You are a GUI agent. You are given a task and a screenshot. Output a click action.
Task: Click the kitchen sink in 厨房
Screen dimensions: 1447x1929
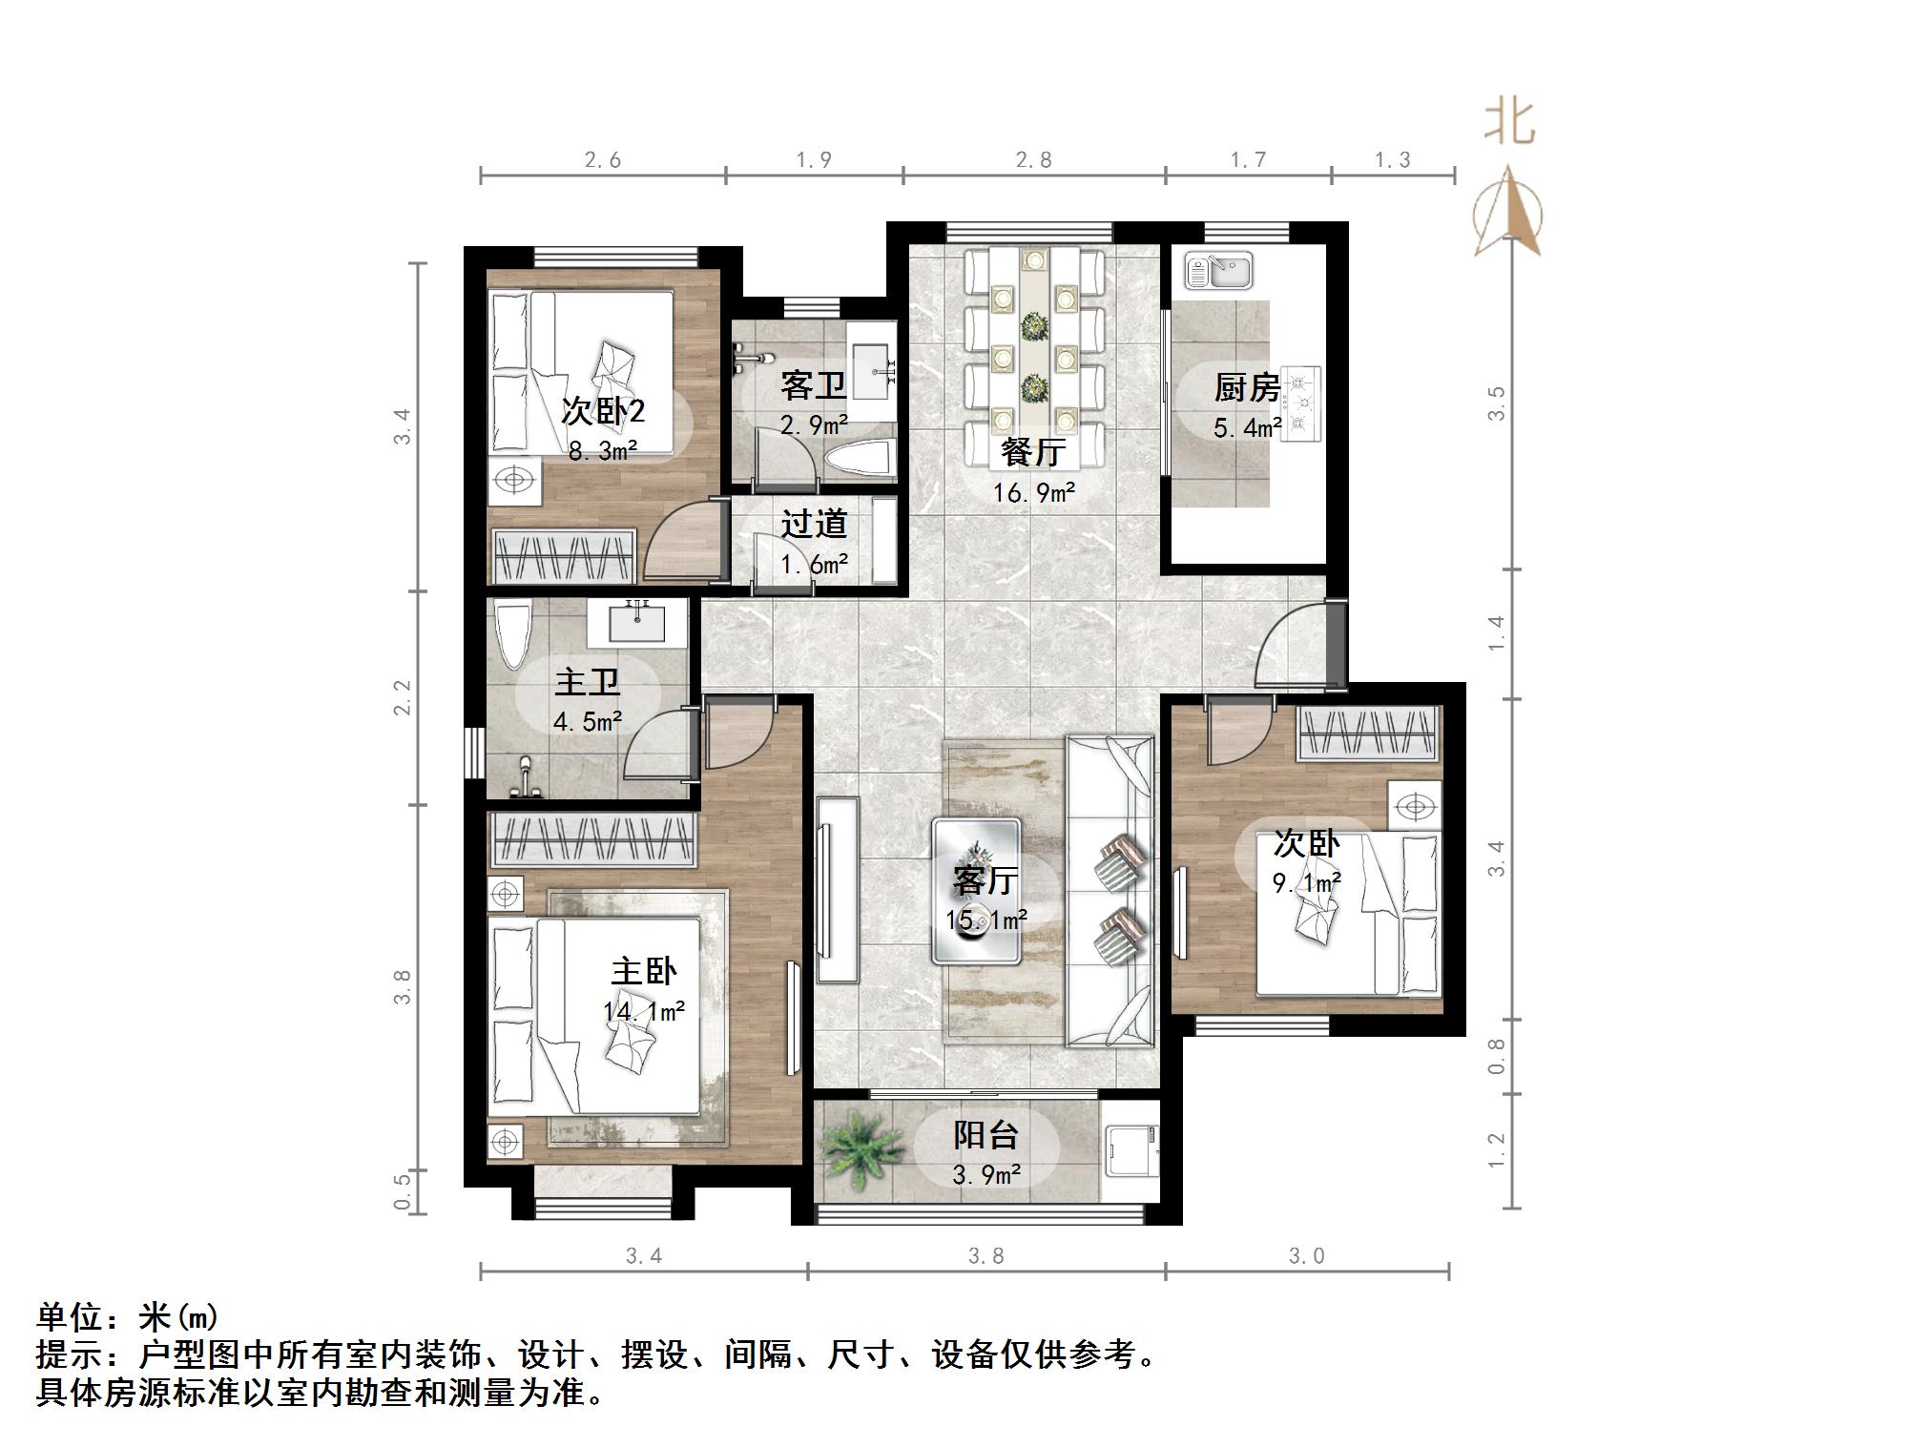[x=1218, y=270]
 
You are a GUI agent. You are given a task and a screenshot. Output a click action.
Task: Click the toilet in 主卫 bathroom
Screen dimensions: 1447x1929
[x=512, y=633]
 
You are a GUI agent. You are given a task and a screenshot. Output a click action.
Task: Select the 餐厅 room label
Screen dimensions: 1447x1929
[x=1032, y=451]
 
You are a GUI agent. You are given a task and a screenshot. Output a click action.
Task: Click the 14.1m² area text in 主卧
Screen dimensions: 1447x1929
[x=644, y=1011]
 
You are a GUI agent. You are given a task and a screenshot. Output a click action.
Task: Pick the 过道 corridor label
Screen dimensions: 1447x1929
[x=814, y=524]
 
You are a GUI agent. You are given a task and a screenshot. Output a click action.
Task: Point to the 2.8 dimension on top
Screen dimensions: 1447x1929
[x=1033, y=160]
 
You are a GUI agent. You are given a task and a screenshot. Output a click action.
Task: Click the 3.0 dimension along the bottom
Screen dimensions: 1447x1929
[x=1306, y=1255]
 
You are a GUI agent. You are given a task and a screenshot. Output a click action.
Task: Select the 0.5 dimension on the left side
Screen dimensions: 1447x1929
[x=403, y=1192]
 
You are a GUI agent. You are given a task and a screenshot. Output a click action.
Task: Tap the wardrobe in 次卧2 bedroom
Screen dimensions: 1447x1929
[x=563, y=556]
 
